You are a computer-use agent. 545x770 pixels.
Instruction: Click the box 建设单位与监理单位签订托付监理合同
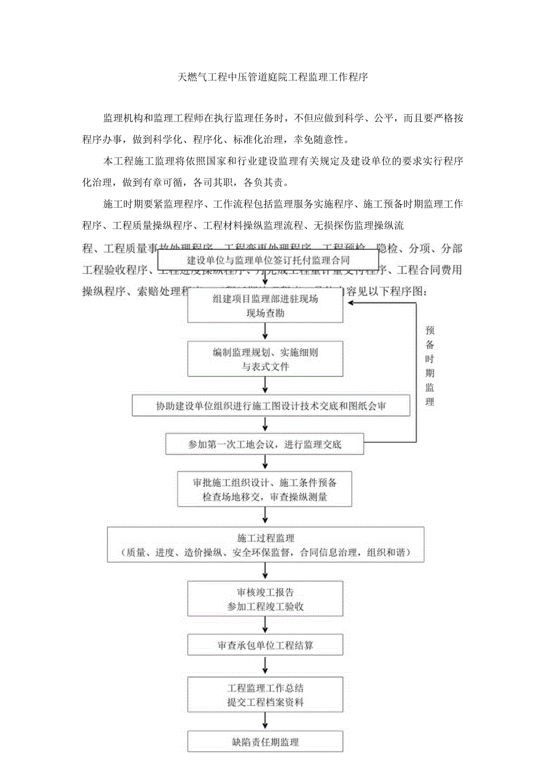[x=268, y=260]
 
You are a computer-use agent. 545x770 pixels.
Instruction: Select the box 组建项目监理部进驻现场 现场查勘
[x=265, y=307]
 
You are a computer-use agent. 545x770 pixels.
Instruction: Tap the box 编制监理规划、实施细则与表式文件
[x=265, y=360]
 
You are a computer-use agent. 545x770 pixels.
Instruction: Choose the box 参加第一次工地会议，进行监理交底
[x=265, y=444]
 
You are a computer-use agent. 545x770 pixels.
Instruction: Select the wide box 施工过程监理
[x=265, y=546]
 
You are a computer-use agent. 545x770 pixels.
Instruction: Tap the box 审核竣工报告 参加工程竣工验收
[x=265, y=599]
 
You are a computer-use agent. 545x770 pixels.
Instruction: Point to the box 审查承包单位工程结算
[x=265, y=645]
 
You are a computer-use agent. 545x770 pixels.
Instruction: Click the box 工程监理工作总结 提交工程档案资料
[x=265, y=695]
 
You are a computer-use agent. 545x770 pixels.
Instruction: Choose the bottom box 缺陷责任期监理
[x=265, y=742]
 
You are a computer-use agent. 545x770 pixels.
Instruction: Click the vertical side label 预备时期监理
[x=429, y=366]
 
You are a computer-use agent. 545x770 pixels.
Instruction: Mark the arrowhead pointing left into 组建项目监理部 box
[x=351, y=302]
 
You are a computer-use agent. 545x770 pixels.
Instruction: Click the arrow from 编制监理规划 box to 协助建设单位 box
[x=265, y=387]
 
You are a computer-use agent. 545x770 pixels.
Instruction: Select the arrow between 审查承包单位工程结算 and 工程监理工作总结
[x=265, y=668]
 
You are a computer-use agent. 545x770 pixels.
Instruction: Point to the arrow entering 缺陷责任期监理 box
[x=265, y=723]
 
